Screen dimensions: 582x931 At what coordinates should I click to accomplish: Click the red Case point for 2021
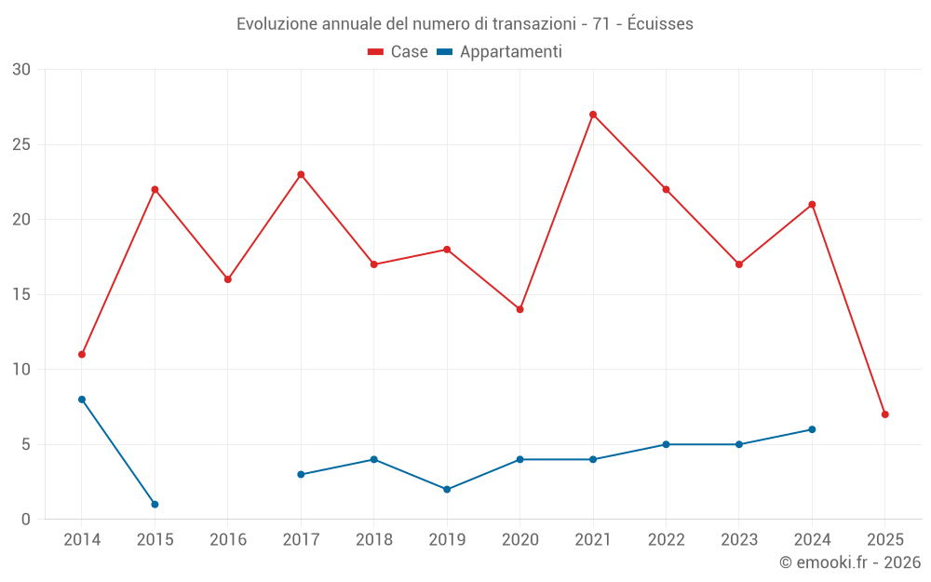click(593, 115)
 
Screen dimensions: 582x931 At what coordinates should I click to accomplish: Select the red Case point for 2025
click(884, 414)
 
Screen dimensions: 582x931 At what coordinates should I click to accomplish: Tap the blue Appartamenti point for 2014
click(82, 399)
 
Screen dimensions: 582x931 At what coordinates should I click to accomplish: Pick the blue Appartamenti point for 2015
click(155, 504)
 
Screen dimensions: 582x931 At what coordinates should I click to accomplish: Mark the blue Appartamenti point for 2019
click(447, 489)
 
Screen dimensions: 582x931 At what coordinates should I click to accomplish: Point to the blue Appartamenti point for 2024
click(812, 429)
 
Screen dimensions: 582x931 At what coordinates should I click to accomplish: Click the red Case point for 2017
click(301, 174)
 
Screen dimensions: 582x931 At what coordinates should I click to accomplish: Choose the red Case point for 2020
click(519, 309)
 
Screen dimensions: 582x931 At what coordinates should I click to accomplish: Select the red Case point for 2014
click(82, 354)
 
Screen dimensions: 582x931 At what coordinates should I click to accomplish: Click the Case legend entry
click(398, 52)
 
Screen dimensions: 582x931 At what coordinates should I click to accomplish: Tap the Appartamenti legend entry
click(499, 52)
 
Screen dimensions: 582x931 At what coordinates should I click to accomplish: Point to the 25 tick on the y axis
click(21, 144)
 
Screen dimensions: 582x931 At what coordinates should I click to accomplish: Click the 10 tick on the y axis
click(21, 369)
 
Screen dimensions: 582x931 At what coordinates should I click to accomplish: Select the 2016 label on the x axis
click(228, 539)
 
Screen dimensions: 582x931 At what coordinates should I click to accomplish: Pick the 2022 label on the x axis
click(666, 539)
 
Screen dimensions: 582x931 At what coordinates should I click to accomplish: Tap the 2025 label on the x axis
click(884, 539)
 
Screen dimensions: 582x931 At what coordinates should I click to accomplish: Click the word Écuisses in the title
click(659, 24)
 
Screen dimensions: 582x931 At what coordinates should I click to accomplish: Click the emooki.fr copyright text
click(849, 562)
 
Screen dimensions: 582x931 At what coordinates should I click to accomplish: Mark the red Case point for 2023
click(739, 264)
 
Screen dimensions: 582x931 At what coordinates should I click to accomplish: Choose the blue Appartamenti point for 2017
click(301, 474)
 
